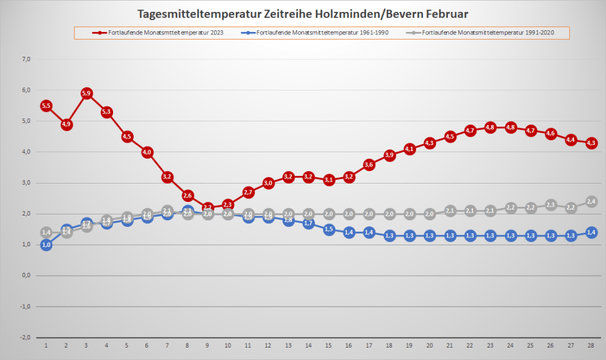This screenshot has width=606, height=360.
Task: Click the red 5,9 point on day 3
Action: pyautogui.click(x=86, y=93)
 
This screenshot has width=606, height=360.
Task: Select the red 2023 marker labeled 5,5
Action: pyautogui.click(x=46, y=105)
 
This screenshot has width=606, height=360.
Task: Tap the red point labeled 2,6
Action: pyautogui.click(x=188, y=195)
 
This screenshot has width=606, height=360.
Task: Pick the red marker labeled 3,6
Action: pyautogui.click(x=369, y=164)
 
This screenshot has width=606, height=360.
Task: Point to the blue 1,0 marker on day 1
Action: pyautogui.click(x=46, y=245)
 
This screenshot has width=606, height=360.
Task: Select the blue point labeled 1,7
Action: pyautogui.click(x=309, y=223)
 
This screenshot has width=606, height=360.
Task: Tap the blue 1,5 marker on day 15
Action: pyautogui.click(x=329, y=229)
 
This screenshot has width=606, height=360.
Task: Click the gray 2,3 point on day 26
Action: pyautogui.click(x=551, y=205)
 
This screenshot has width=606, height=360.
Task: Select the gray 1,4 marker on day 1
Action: pyautogui.click(x=46, y=232)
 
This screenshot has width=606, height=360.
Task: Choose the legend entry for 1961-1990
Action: pyautogui.click(x=317, y=33)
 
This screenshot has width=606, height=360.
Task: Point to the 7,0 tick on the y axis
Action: pyautogui.click(x=26, y=59)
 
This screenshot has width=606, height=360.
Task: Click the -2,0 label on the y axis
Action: pyautogui.click(x=25, y=337)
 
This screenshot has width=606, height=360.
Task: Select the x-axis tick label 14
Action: pyautogui.click(x=309, y=345)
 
